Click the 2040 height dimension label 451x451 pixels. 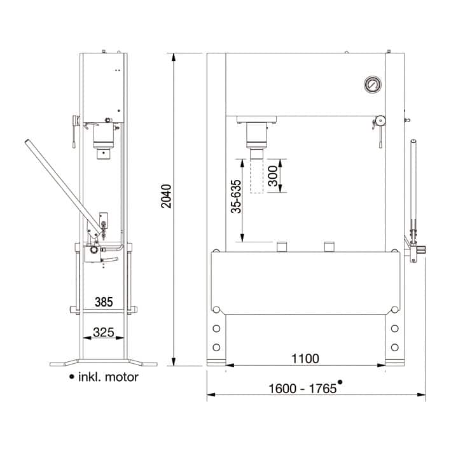(x=166, y=196)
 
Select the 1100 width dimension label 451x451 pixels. (x=305, y=359)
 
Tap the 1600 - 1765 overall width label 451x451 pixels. (x=302, y=389)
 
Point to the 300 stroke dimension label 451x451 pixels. (x=273, y=176)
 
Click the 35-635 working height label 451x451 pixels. (x=236, y=197)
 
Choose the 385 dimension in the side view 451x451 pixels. (x=104, y=302)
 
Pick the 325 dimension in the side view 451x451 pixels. (x=104, y=332)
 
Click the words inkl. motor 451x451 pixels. (x=108, y=377)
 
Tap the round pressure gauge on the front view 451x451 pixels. (x=373, y=85)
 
